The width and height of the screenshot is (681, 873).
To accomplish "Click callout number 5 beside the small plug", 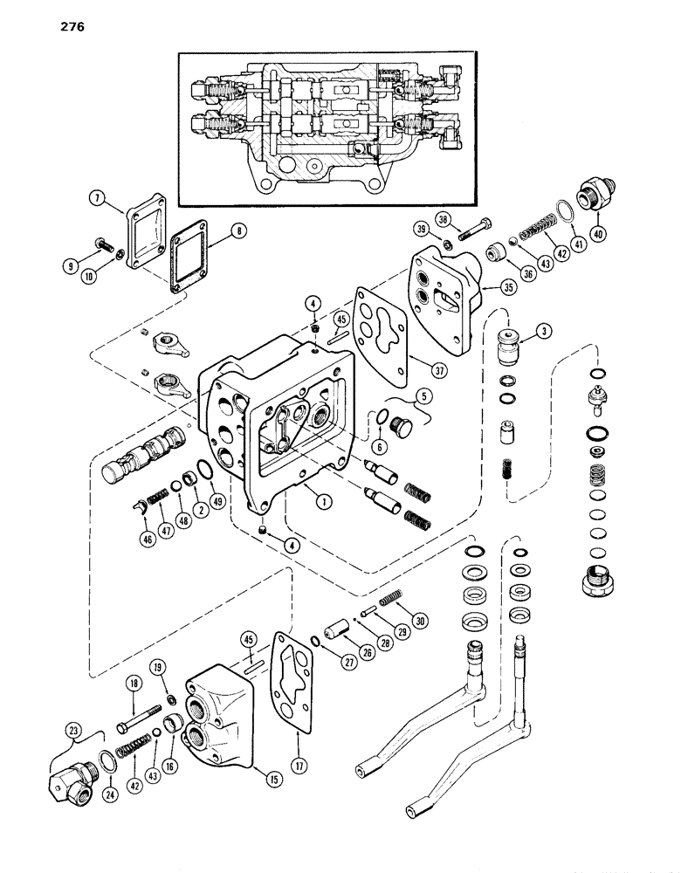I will [x=425, y=395].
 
